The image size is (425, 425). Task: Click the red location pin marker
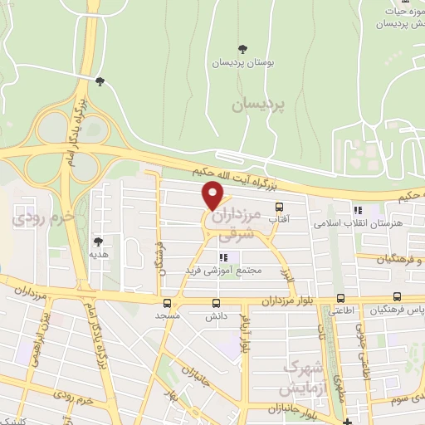213,195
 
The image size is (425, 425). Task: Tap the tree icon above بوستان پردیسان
242,48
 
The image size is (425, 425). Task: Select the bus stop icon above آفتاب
278,208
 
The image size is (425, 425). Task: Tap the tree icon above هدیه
98,242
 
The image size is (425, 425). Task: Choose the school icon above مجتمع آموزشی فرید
222,258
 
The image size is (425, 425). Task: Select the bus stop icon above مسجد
169,303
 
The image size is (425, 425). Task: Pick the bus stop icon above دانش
217,303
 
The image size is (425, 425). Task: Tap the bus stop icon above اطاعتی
341,299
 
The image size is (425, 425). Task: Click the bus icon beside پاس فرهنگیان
396,297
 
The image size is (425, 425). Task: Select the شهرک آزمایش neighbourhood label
301,378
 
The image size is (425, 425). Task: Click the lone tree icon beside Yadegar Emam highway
100,81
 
